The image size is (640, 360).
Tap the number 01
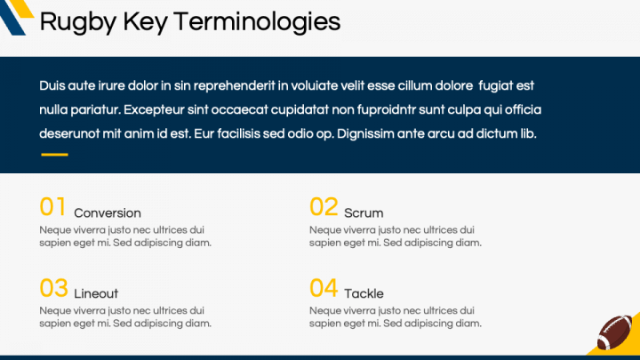(53, 207)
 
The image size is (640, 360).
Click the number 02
(324, 207)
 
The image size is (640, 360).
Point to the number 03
(53, 288)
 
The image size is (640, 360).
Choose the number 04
(324, 288)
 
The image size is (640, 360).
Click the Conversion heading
(108, 213)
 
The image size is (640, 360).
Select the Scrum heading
(364, 213)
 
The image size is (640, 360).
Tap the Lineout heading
(96, 294)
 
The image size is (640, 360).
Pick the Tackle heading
(364, 294)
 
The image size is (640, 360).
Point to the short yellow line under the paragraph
(54, 155)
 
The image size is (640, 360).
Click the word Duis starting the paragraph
(52, 86)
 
